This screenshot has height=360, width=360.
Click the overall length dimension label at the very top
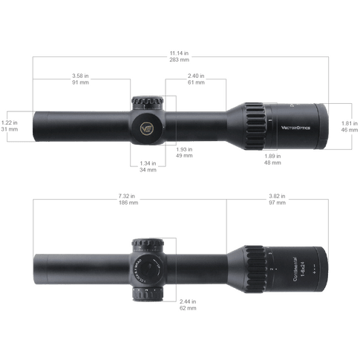[179, 56]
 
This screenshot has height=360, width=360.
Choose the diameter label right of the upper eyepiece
[348, 124]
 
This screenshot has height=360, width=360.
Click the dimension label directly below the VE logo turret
[147, 166]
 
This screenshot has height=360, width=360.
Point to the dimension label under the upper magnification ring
[272, 159]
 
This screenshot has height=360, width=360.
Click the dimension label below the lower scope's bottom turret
[189, 304]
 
